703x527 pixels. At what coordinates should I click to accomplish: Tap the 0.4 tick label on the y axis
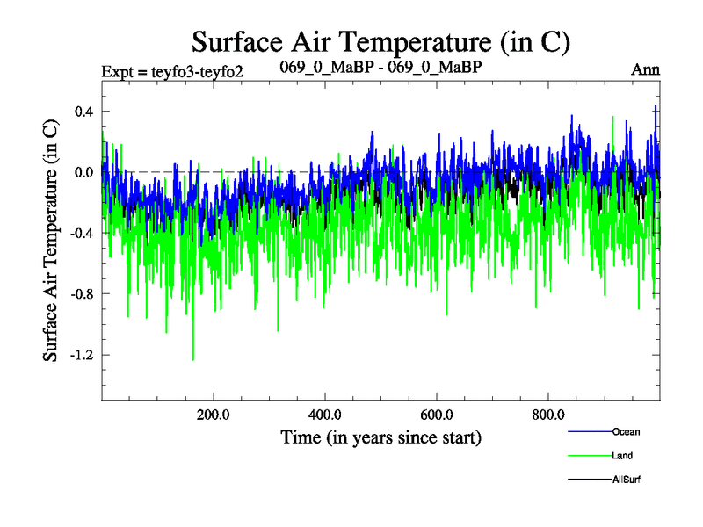coord(83,111)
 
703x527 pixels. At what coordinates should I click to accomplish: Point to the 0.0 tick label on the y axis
coord(83,172)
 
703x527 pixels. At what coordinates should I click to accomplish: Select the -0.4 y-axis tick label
coord(81,233)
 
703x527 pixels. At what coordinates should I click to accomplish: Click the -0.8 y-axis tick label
coord(81,294)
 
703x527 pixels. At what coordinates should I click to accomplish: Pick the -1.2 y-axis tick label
coord(81,355)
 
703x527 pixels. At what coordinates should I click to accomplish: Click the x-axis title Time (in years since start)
coord(380,437)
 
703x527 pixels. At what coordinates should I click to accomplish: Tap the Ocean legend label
coord(626,432)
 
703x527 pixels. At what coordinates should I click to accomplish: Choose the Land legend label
coord(622,456)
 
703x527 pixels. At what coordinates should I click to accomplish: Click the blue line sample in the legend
coord(589,432)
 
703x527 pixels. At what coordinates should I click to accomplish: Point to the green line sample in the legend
coord(589,456)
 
